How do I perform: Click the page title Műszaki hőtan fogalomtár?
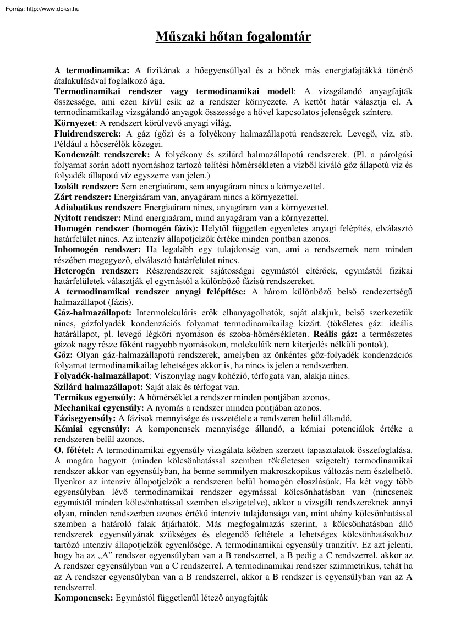coord(227,37)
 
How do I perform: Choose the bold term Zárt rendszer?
coord(83,197)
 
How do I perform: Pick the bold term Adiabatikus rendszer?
coord(97,208)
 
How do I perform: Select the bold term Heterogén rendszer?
coord(89,271)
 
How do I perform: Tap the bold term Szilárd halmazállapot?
coord(98,387)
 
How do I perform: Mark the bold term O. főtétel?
coord(74,450)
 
